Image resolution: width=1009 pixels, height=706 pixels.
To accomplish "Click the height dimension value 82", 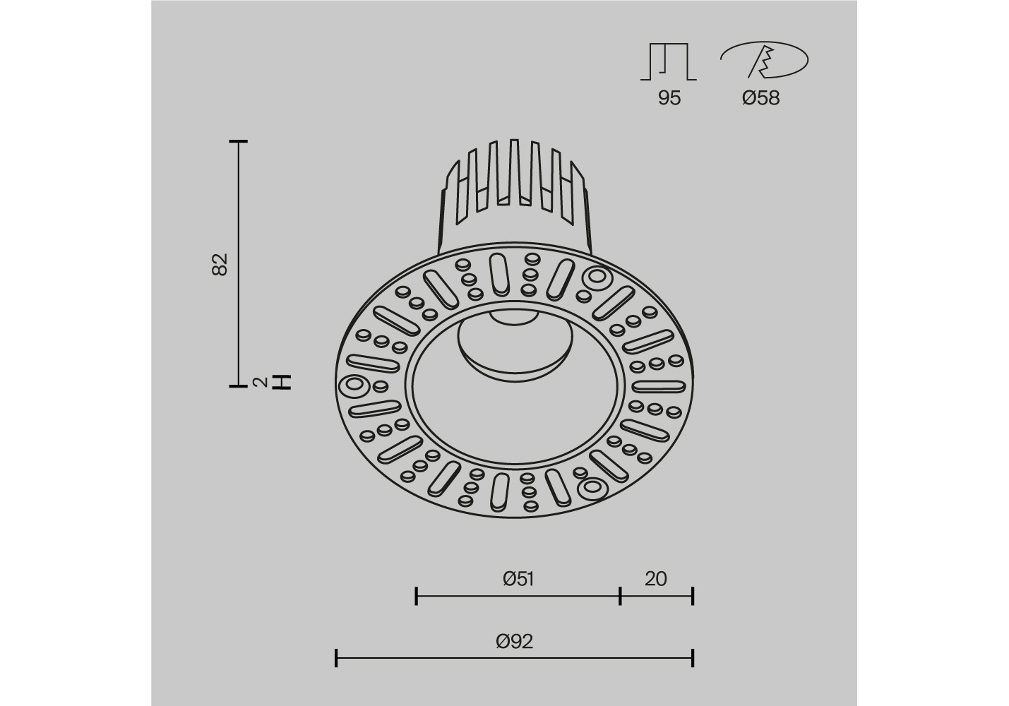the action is [220, 264].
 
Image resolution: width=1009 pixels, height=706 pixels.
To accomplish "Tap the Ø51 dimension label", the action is [518, 579].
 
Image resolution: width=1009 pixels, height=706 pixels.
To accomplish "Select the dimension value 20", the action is [655, 579].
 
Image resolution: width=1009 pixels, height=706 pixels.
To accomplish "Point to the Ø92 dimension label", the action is [515, 641].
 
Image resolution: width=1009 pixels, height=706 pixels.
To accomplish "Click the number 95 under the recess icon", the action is [669, 97].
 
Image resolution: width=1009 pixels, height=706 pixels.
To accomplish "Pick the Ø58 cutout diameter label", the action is [760, 97].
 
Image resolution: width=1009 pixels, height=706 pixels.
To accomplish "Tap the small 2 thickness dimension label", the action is [260, 382].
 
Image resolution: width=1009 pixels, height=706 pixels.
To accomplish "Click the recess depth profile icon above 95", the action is [669, 61].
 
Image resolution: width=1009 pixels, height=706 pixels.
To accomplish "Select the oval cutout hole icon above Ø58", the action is [765, 60].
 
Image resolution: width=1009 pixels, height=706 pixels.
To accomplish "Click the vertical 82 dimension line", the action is [238, 263].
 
